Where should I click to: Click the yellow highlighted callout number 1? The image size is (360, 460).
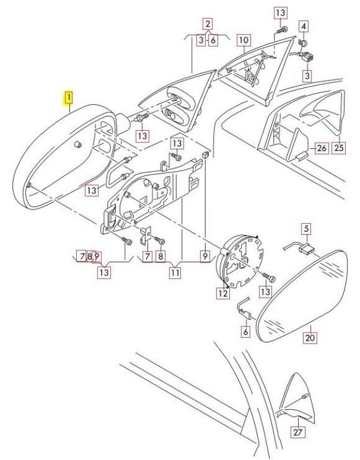(69, 98)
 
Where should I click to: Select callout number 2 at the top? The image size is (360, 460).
(208, 24)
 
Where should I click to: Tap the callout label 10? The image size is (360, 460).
(244, 40)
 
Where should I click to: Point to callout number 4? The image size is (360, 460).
(304, 27)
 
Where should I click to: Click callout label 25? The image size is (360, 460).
(338, 148)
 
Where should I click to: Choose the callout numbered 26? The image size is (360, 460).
(322, 148)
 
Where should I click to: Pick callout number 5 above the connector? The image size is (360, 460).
(306, 229)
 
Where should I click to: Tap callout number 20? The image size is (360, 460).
(310, 338)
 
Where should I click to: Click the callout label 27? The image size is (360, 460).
(297, 432)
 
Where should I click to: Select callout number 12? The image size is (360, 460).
(223, 293)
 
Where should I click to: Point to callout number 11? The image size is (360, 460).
(175, 273)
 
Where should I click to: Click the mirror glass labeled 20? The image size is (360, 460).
(302, 296)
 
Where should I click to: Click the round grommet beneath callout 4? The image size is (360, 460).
(303, 43)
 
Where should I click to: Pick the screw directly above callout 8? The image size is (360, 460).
(160, 241)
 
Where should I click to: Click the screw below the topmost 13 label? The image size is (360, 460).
(282, 30)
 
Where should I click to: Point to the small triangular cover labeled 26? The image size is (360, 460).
(297, 145)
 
